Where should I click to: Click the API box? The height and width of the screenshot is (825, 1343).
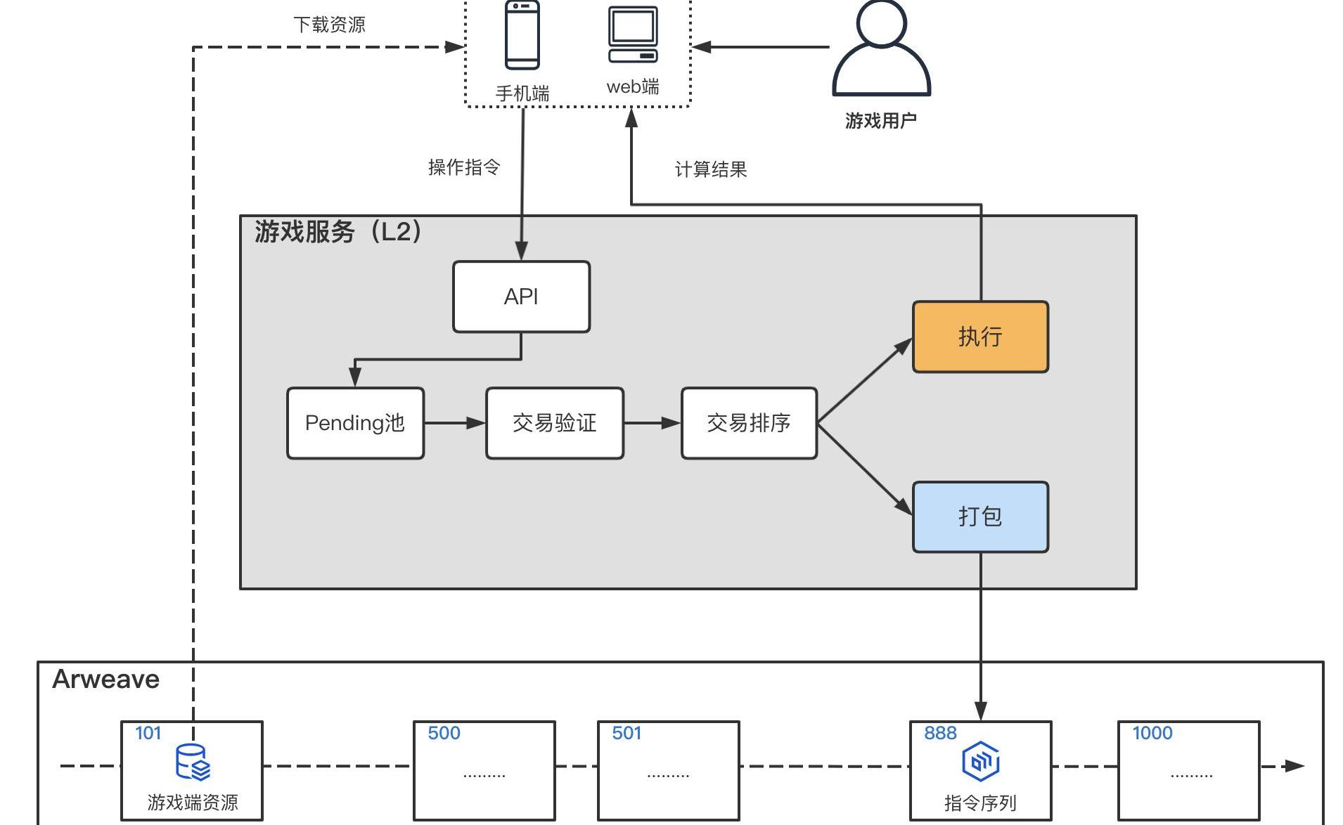(x=521, y=297)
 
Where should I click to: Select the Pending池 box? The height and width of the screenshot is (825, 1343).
(x=355, y=423)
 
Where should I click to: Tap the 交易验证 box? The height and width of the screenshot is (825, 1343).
(x=555, y=423)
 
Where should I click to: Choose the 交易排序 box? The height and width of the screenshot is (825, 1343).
(x=749, y=423)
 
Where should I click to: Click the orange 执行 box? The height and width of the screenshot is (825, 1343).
(x=980, y=337)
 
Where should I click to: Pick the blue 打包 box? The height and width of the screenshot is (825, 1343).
(x=980, y=517)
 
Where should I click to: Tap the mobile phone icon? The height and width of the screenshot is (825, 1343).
(x=522, y=35)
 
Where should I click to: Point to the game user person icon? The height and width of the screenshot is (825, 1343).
(x=881, y=49)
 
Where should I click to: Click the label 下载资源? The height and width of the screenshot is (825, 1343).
(x=329, y=25)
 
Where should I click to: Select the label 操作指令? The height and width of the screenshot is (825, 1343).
(x=464, y=167)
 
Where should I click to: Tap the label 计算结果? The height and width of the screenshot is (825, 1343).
(x=711, y=169)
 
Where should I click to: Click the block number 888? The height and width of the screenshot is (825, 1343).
(x=940, y=733)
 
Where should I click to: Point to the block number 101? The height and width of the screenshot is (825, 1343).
(x=148, y=733)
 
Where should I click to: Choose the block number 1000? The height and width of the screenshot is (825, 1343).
(x=1152, y=733)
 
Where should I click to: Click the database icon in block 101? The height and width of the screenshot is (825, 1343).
(x=192, y=762)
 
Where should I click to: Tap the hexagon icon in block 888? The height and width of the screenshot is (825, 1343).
(x=980, y=761)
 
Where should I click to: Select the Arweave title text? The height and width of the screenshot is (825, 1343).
(x=106, y=680)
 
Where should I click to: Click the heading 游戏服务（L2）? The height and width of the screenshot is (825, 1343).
(x=338, y=231)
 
